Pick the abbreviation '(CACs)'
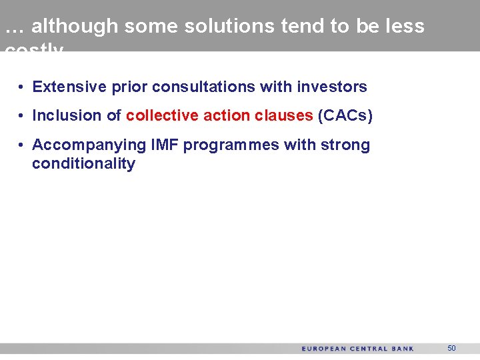coord(345,115)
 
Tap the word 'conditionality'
coord(83,164)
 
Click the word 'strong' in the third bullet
coord(344,145)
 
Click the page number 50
coord(451,349)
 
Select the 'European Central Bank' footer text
coord(357,349)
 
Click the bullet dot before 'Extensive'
coord(22,87)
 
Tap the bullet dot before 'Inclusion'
coord(22,116)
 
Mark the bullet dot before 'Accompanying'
coord(22,145)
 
